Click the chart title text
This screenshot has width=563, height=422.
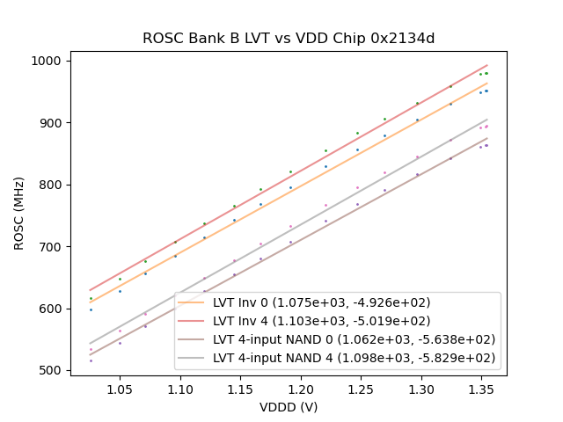pos(289,39)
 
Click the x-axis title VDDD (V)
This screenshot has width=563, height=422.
pos(289,407)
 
